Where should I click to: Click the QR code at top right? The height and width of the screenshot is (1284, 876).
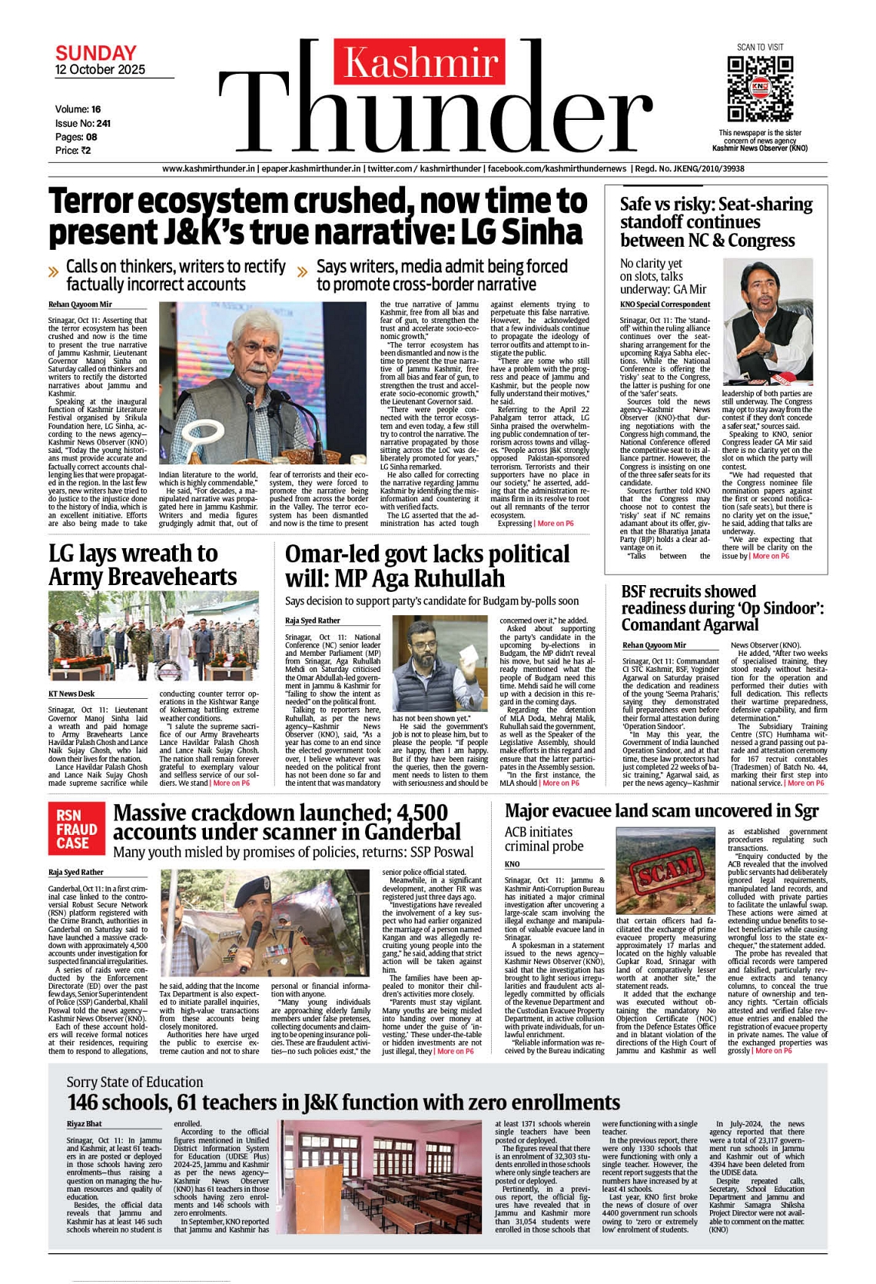tap(760, 88)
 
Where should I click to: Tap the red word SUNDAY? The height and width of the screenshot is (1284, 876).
tap(96, 53)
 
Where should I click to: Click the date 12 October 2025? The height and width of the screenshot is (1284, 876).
tap(100, 70)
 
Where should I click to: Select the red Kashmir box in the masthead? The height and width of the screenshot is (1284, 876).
tap(420, 62)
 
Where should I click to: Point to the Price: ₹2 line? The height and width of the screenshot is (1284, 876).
tap(73, 151)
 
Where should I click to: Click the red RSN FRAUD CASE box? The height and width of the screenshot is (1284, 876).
tap(77, 829)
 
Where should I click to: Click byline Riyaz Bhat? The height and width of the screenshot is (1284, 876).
tap(84, 1124)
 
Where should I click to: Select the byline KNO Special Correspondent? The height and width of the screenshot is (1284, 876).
tap(665, 304)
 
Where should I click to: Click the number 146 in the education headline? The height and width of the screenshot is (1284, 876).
tap(82, 1103)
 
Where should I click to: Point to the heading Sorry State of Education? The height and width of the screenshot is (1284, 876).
tap(134, 1082)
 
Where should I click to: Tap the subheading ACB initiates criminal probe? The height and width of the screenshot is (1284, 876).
tap(544, 839)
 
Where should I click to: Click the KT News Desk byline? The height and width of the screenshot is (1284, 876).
tap(71, 694)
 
